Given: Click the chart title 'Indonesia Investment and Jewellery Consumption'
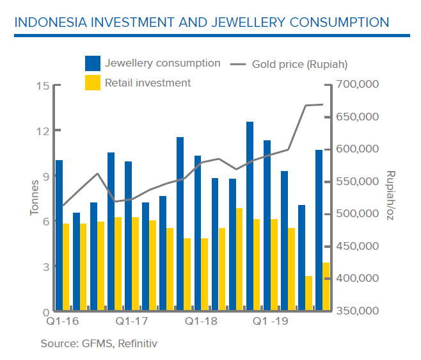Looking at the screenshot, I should click(201, 22).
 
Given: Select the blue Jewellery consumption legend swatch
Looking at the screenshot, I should click(93, 63).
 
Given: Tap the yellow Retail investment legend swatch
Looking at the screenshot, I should click(93, 83).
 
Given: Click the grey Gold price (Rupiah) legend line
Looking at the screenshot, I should click(238, 64).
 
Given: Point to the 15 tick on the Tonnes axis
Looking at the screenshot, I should click(42, 86).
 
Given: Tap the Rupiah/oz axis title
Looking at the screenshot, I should click(391, 196).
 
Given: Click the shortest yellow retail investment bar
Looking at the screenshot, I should click(309, 293).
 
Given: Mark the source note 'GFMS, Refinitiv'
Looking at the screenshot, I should click(99, 344).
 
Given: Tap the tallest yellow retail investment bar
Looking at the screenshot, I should click(239, 259).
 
